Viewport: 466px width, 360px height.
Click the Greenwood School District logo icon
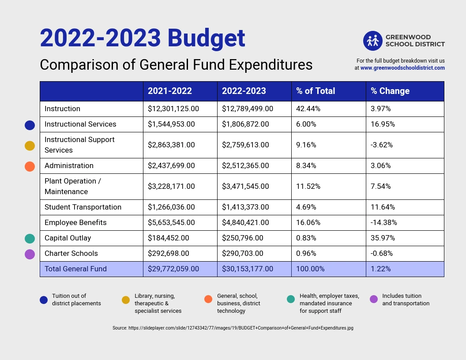[x=372, y=41]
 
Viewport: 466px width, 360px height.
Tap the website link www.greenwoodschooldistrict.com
[x=402, y=68]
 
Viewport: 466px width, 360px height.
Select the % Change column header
[x=390, y=91]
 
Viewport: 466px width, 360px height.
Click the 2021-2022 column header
[x=170, y=91]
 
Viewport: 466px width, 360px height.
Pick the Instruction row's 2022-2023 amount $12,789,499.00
[x=248, y=109]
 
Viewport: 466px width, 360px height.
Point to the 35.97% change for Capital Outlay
[x=383, y=238]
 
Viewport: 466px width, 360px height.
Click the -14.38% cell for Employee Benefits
[x=384, y=222]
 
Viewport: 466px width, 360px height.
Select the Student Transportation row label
[x=83, y=207]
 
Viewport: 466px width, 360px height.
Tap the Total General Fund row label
[x=75, y=269]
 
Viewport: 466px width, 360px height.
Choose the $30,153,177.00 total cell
[x=248, y=269]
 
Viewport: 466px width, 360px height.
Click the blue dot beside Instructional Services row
[x=30, y=125]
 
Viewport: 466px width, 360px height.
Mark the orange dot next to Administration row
[x=30, y=166]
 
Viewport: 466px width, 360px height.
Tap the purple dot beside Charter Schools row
[x=30, y=254]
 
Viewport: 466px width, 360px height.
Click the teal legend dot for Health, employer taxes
[x=291, y=299]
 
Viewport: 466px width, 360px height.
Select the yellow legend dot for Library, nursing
[x=126, y=300]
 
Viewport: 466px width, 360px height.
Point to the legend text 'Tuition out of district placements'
[x=76, y=300]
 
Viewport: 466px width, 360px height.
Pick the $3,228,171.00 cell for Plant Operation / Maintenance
[x=171, y=186]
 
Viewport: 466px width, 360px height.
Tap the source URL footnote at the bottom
[x=233, y=328]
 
